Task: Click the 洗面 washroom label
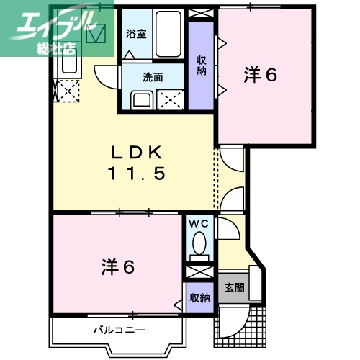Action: [x=153, y=76]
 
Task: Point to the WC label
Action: [x=199, y=225]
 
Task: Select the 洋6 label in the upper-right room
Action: [x=261, y=75]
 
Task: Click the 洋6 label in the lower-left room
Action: [x=117, y=267]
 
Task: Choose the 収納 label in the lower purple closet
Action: [x=199, y=297]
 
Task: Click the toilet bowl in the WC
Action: [x=199, y=245]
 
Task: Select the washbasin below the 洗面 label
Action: [x=142, y=99]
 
